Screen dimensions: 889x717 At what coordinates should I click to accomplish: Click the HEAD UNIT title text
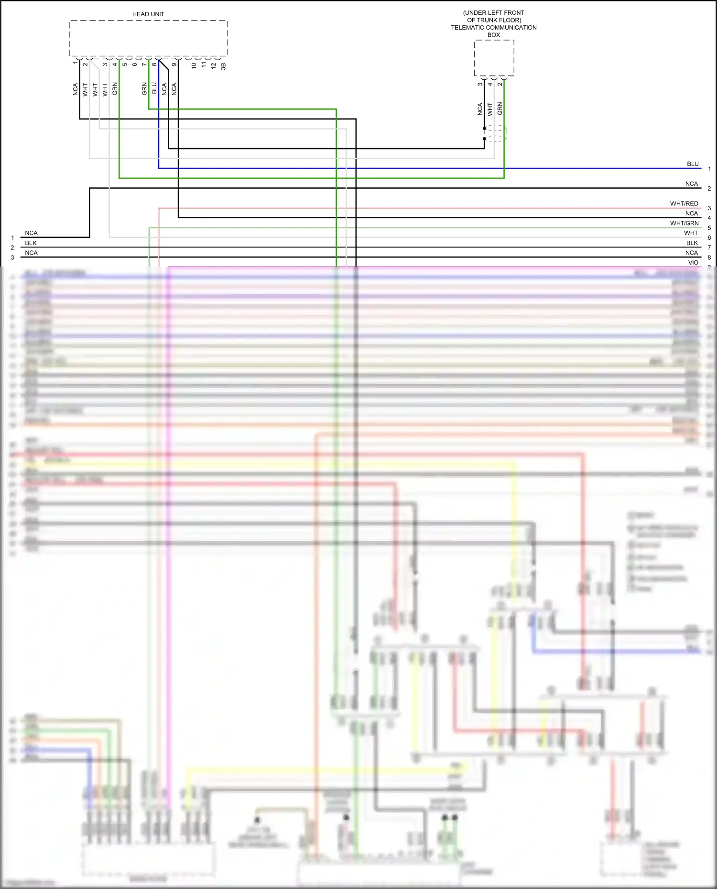148,14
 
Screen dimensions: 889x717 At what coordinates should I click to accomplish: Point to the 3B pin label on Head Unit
223,66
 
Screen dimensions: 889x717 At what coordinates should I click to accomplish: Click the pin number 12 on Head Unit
213,65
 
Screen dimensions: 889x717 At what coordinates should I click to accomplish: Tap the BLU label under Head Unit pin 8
154,88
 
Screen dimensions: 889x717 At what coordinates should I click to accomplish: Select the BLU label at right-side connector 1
693,164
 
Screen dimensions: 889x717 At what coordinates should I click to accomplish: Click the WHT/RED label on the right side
684,204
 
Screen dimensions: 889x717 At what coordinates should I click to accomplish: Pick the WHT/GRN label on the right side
684,223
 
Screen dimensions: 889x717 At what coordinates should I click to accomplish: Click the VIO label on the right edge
693,262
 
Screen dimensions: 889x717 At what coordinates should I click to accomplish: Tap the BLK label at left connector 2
31,243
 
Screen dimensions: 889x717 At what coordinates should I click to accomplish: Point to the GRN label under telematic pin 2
500,108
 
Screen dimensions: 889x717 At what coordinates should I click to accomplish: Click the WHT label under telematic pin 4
490,109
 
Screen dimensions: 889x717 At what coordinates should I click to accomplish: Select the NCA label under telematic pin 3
480,109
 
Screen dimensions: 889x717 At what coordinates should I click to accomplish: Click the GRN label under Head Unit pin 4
115,89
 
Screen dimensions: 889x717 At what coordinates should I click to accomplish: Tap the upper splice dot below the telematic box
484,129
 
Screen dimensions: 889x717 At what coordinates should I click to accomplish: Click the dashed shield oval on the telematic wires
496,133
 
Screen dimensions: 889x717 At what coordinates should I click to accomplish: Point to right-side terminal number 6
709,238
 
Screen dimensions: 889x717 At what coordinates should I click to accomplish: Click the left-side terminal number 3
12,257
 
